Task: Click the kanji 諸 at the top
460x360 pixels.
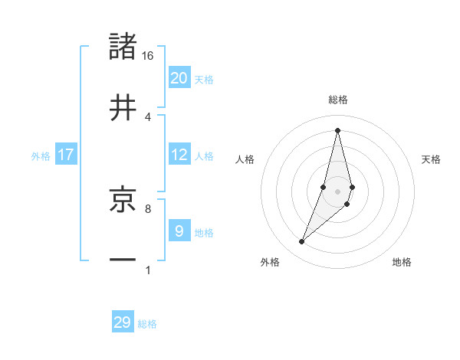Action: coord(123,47)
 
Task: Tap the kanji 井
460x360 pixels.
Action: coord(123,107)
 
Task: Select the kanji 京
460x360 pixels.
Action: coord(123,199)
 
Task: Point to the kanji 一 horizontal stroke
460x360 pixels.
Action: coord(123,260)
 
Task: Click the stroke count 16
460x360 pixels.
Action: coord(148,56)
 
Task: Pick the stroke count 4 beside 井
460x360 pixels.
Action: coord(148,116)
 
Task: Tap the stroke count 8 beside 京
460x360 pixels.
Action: coord(148,208)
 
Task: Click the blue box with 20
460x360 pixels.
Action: coord(179,77)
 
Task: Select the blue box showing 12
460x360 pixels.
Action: coord(179,155)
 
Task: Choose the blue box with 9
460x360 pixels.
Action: coord(179,231)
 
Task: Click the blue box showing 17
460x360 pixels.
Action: coord(66,155)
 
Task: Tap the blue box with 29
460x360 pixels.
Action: coord(123,322)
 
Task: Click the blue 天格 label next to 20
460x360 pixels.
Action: coord(204,80)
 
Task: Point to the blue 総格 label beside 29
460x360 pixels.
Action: coord(147,324)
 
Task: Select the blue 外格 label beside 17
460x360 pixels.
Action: coord(41,156)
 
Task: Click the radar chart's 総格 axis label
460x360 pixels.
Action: coord(337,100)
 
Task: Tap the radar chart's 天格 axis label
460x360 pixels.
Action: coord(431,159)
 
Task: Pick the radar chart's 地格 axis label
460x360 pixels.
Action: coord(402,262)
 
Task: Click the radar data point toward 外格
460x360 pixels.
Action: coord(301,242)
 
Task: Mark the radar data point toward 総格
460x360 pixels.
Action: coord(337,129)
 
